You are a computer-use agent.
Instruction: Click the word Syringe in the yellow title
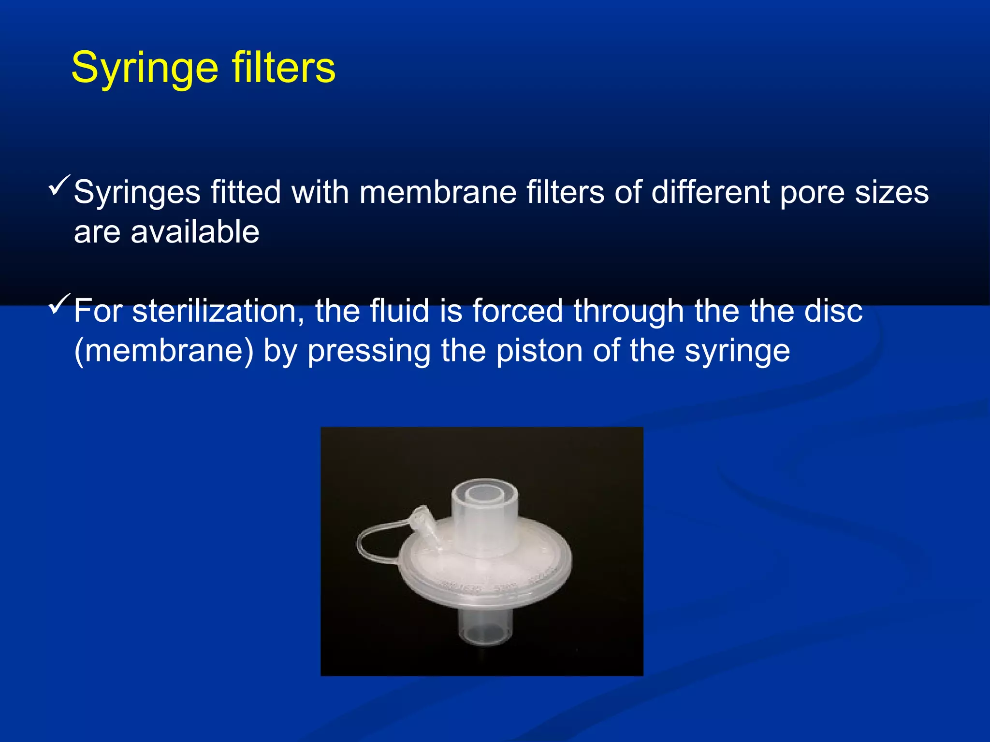coord(144,69)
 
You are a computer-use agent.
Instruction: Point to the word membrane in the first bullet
coord(438,192)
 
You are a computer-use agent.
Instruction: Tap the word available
coord(195,232)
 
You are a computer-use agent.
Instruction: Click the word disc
coord(833,311)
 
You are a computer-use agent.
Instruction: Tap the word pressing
coord(369,352)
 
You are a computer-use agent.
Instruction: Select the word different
coord(710,192)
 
